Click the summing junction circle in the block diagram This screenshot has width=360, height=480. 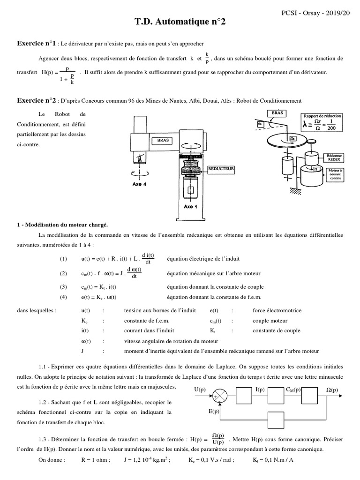pos(220,396)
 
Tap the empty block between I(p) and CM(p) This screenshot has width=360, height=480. pos(277,396)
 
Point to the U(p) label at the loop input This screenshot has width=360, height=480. pos(200,389)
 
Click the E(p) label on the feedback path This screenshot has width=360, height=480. pos(213,412)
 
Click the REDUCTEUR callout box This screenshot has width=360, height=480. pos(221,168)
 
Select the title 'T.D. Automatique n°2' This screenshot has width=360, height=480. pos(180,22)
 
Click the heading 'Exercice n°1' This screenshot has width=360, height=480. pos(37,44)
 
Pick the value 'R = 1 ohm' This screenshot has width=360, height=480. pos(96,460)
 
